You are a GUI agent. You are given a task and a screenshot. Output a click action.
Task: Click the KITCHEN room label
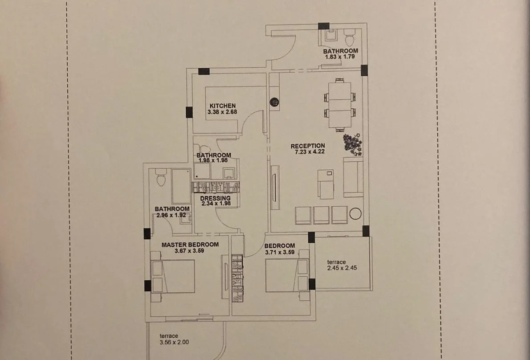(222, 106)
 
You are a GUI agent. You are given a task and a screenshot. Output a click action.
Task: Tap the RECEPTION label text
(308, 146)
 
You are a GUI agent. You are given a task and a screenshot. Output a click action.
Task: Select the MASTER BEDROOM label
(190, 244)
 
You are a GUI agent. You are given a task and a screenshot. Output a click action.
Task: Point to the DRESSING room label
(215, 198)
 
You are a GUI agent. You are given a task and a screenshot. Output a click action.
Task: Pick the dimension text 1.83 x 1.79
(340, 57)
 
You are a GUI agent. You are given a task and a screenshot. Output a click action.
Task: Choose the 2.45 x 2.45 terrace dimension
(342, 268)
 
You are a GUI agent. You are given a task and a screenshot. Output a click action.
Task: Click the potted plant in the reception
(353, 144)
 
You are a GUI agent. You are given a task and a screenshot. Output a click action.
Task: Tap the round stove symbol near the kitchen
(274, 101)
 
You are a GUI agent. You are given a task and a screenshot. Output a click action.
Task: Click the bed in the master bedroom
(174, 276)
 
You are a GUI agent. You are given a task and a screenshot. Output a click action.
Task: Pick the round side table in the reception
(355, 214)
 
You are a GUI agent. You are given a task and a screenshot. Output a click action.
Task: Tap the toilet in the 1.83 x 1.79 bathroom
(350, 35)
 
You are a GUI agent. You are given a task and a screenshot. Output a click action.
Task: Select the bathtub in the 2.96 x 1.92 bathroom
(181, 182)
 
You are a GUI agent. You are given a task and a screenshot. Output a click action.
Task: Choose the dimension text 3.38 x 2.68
(222, 112)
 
